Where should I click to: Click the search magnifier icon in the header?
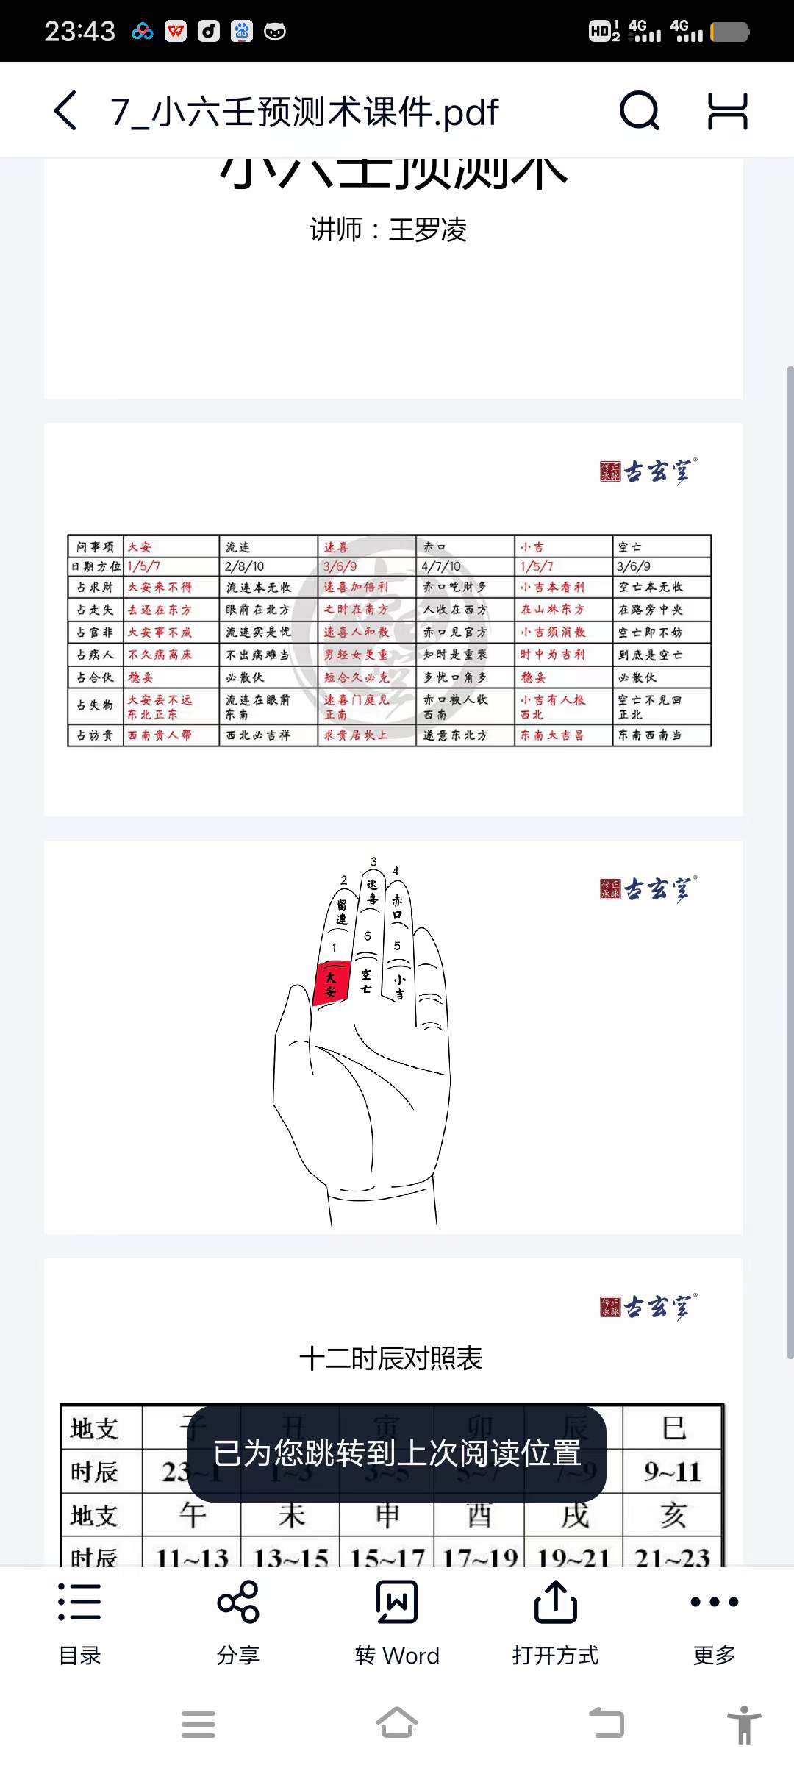639,111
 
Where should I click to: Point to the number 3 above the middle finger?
373,861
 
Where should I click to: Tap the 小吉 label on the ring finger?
399,986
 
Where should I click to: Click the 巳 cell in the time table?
673,1428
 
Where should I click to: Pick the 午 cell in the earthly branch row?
192,1515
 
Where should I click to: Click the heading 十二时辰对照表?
390,1358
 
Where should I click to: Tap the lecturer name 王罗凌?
428,230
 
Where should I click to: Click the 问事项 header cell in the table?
96,546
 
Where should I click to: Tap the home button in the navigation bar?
397,1723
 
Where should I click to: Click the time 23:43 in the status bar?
79,32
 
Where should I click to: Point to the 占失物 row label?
96,705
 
